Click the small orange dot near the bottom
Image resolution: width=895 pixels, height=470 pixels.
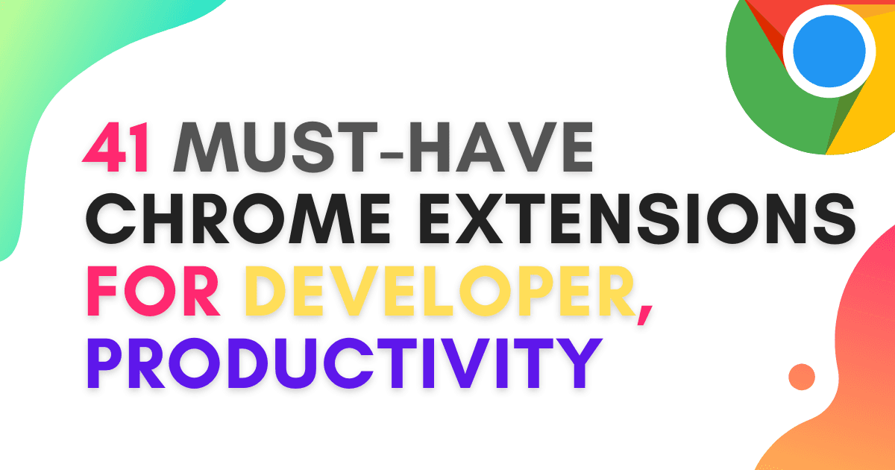click(802, 376)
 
